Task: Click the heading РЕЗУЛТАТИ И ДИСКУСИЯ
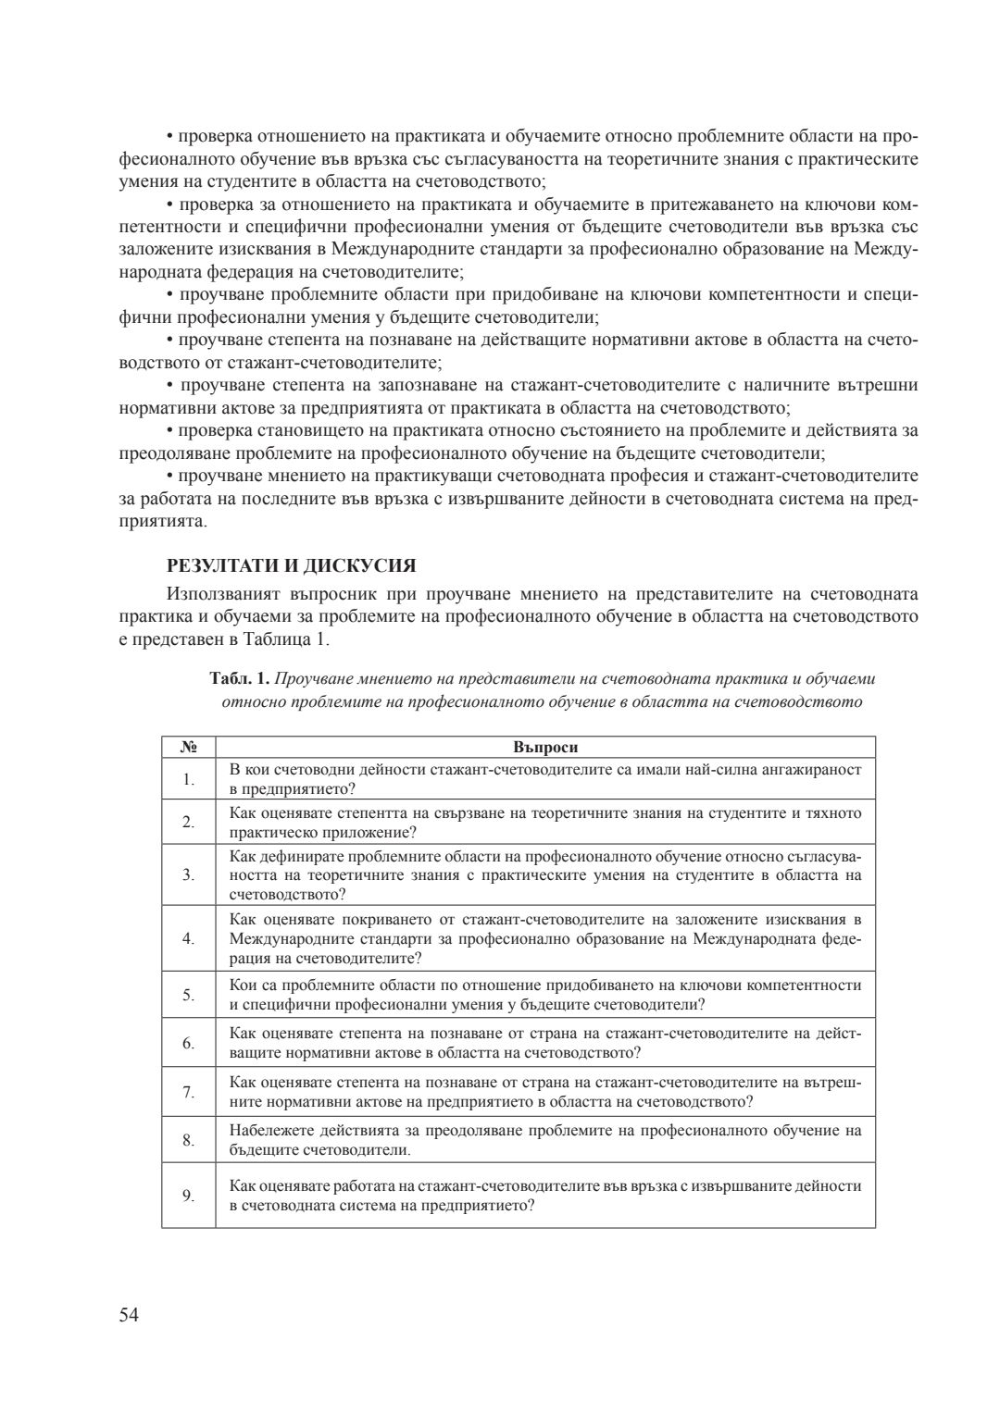(291, 565)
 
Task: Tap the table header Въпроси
(545, 747)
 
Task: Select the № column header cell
(188, 747)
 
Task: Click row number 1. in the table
(188, 779)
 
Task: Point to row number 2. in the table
(188, 822)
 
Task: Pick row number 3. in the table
(188, 874)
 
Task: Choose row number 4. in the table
(188, 939)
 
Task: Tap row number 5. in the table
(188, 995)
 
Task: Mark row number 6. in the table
(188, 1043)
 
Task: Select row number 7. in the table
(188, 1092)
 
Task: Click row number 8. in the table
(188, 1140)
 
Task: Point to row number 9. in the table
(188, 1196)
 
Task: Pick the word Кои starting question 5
(242, 985)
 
